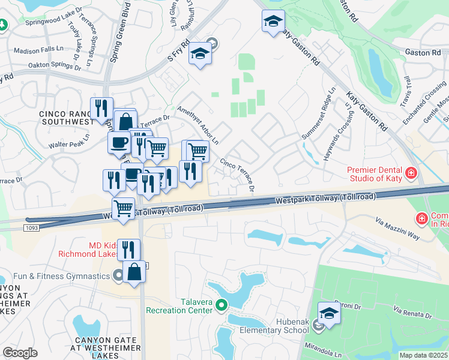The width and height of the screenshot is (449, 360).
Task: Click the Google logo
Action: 20,353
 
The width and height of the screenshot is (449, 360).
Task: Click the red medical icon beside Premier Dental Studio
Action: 412,174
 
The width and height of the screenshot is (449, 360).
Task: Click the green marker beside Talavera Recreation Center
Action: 221,305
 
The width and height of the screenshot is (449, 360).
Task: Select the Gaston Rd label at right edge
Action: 423,53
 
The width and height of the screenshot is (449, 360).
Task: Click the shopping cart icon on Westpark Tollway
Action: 124,209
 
